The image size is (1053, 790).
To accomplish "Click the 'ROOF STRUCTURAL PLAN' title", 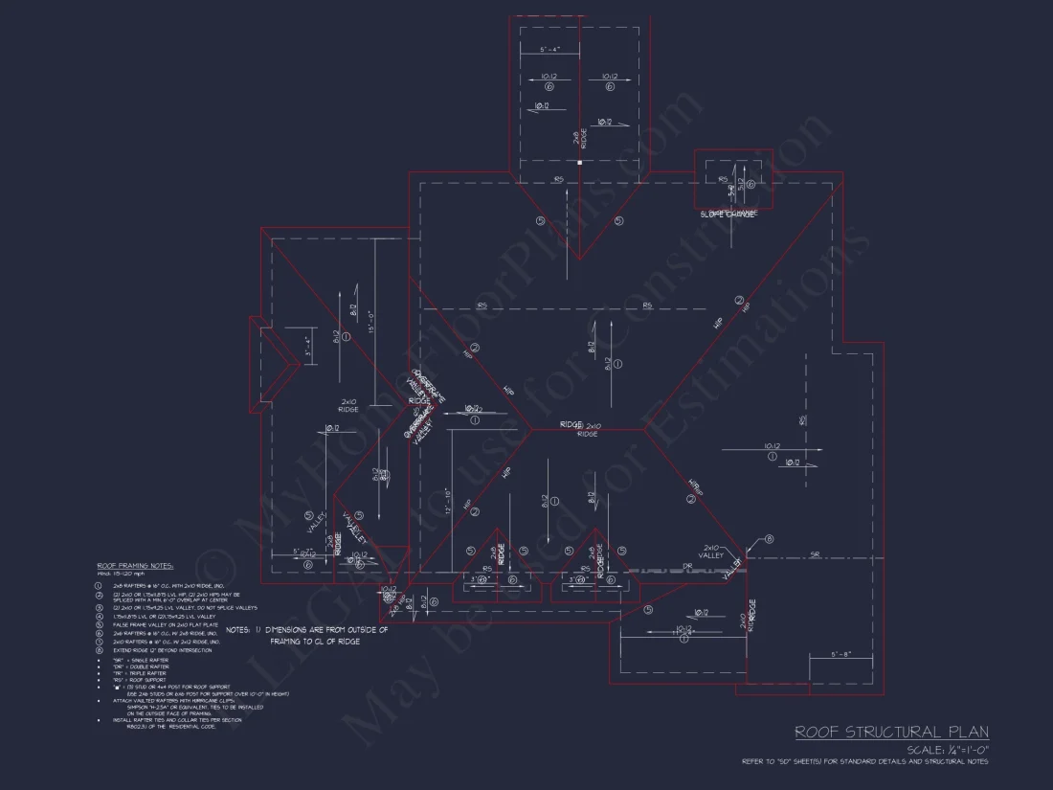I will pyautogui.click(x=892, y=733).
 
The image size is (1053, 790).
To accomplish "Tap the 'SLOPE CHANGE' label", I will pyautogui.click(x=728, y=214).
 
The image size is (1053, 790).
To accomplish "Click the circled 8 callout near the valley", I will pyautogui.click(x=770, y=541).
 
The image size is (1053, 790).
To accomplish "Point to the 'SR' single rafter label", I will pyautogui.click(x=814, y=554).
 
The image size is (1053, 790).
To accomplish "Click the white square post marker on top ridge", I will pyautogui.click(x=579, y=163).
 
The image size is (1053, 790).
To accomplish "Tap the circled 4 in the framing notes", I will pyautogui.click(x=98, y=617).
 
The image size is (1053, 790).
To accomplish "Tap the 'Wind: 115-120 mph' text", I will pyautogui.click(x=123, y=575).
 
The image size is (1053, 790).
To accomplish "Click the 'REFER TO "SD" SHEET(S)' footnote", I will pyautogui.click(x=864, y=762).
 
